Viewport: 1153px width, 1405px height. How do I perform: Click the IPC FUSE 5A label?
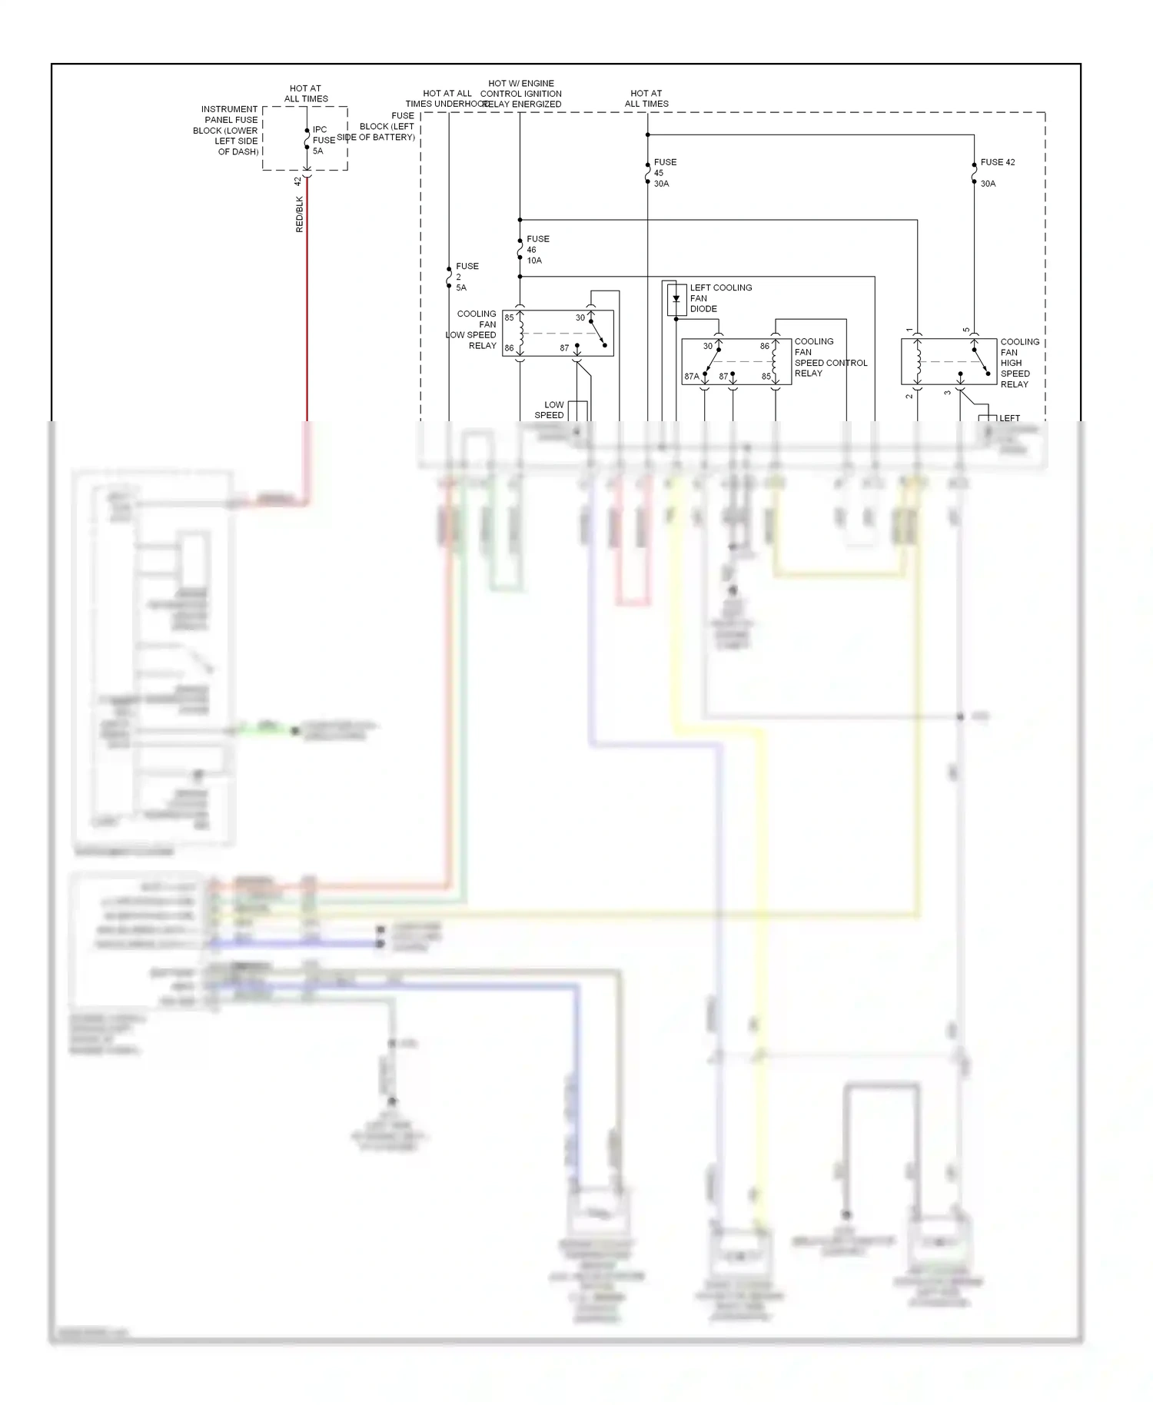coord(323,140)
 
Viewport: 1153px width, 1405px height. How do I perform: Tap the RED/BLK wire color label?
coord(300,214)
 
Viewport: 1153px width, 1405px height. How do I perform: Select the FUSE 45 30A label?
coord(665,173)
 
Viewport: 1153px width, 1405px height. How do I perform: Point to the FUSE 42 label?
coord(997,162)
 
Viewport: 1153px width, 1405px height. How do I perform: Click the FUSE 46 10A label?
coord(537,250)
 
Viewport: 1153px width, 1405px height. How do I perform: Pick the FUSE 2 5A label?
coord(466,277)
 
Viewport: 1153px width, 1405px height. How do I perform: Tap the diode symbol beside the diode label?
coord(676,298)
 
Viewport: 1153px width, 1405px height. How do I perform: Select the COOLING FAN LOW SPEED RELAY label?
coord(473,330)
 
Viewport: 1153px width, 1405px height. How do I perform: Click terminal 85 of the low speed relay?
coord(509,317)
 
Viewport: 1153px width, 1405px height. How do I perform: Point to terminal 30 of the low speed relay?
coord(580,317)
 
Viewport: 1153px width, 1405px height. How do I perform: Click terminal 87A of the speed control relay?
coord(692,377)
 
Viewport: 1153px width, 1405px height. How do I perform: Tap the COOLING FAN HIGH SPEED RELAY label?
coord(1018,363)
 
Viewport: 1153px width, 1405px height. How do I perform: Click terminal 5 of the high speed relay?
coord(966,330)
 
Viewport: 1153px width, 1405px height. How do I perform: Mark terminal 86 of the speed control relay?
coord(765,346)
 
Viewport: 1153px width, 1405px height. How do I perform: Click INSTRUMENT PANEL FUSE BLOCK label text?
coord(227,131)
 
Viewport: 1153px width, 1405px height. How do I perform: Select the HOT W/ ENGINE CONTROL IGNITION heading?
coord(521,94)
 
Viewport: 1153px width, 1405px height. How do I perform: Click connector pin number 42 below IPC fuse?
coord(298,181)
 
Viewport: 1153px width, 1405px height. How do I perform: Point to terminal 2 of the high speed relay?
coord(909,395)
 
